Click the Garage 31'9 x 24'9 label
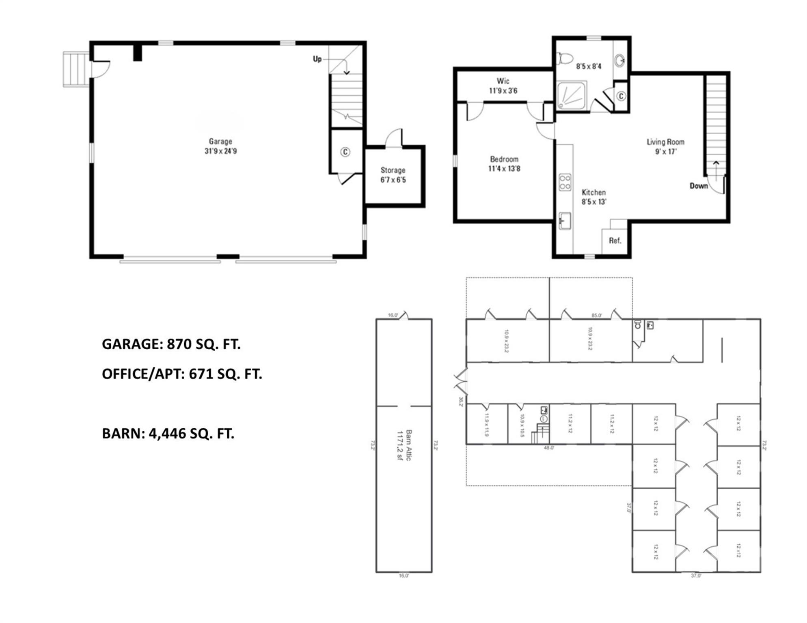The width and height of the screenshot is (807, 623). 220,146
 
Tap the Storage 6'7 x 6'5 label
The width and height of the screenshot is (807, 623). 393,175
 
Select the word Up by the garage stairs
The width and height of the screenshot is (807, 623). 317,59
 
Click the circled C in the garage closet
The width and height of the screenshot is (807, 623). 345,152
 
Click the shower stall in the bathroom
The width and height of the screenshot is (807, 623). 572,96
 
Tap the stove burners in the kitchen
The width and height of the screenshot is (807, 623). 565,182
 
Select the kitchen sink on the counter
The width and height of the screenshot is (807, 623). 565,221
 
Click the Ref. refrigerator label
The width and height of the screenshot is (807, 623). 615,241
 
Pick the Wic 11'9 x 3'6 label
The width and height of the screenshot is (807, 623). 503,86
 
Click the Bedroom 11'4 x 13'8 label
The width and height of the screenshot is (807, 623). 504,164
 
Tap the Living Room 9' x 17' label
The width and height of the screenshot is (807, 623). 665,147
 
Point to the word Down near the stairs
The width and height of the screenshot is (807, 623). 699,186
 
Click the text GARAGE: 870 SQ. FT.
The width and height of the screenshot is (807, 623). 171,344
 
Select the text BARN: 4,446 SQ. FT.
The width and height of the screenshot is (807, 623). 168,434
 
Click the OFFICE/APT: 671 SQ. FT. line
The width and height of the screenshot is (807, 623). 182,374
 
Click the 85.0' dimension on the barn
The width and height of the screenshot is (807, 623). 596,315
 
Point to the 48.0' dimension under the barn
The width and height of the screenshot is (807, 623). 549,448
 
